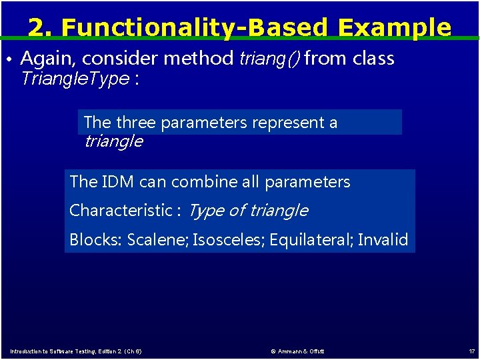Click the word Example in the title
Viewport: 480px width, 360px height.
click(x=394, y=27)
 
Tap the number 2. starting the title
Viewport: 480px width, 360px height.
click(x=41, y=27)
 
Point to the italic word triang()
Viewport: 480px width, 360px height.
click(x=269, y=59)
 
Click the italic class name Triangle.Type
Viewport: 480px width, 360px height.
click(x=75, y=79)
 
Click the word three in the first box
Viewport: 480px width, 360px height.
click(x=136, y=123)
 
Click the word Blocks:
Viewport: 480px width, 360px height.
click(x=96, y=240)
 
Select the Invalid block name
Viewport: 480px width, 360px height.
click(x=383, y=240)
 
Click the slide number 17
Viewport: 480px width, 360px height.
click(x=472, y=351)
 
